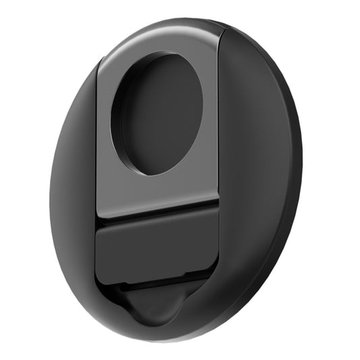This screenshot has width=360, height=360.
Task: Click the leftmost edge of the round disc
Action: coord(50,203)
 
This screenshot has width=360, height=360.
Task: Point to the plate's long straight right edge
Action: coord(219,122)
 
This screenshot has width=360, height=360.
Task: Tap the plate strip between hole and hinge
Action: coord(157,192)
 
